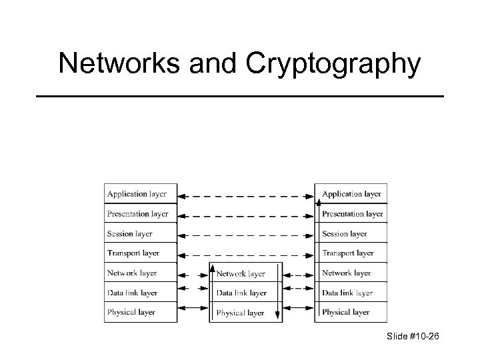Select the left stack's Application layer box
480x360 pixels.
pyautogui.click(x=140, y=194)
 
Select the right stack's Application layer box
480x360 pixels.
pyautogui.click(x=351, y=194)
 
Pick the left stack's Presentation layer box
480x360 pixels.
pyautogui.click(x=140, y=214)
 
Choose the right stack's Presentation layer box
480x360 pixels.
pyautogui.click(x=351, y=214)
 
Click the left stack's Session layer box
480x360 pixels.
pyautogui.click(x=140, y=234)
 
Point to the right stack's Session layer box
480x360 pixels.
pyautogui.click(x=351, y=234)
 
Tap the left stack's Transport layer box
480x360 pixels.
pyautogui.click(x=140, y=253)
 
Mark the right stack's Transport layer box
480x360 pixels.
pyautogui.click(x=351, y=253)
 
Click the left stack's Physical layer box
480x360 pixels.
pyautogui.click(x=140, y=312)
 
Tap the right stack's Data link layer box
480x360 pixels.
pyautogui.click(x=351, y=293)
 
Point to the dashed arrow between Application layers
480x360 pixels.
pyautogui.click(x=246, y=197)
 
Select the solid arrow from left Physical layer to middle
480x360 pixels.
pyautogui.click(x=194, y=307)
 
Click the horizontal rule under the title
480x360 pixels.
pyautogui.click(x=239, y=97)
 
